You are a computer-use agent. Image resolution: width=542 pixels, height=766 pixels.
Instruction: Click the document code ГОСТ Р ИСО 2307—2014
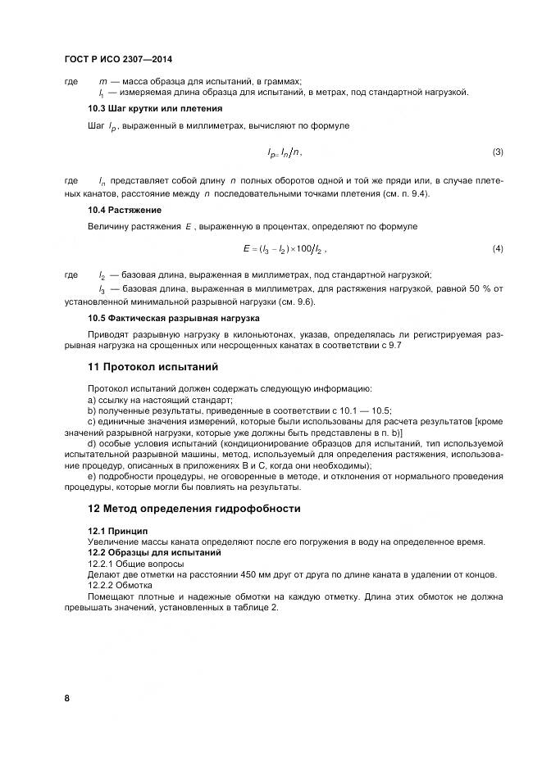click(x=117, y=60)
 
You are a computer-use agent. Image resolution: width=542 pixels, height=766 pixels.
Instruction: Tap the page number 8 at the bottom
click(x=66, y=698)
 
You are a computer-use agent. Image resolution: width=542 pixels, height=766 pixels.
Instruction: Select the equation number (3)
click(x=497, y=152)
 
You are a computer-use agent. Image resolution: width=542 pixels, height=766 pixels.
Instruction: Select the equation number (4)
click(x=497, y=248)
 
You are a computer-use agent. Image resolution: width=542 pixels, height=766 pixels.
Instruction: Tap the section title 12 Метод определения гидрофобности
click(x=194, y=509)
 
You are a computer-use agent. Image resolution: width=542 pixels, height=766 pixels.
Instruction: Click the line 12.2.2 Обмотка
click(x=120, y=586)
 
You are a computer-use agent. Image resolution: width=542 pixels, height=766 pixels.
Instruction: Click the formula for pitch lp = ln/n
click(x=285, y=152)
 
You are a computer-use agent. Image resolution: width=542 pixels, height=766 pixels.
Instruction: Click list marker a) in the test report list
click(x=92, y=400)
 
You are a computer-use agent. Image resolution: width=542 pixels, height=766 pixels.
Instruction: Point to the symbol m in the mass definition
click(x=102, y=81)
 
